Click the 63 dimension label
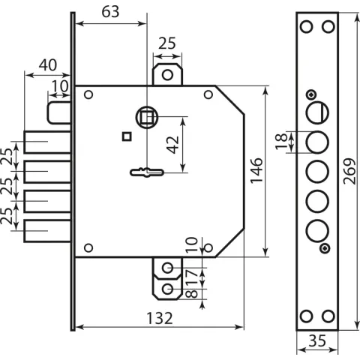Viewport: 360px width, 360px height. click(110, 12)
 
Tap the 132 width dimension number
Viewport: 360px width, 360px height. click(160, 318)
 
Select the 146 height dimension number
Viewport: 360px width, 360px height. click(256, 171)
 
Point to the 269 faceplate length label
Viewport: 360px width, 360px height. click(349, 171)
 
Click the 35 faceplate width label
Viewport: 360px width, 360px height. click(317, 340)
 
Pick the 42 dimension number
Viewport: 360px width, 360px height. click(173, 145)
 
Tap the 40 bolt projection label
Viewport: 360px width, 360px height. click(48, 65)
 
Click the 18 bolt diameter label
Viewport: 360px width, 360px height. click(281, 142)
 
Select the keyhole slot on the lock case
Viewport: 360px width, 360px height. click(147, 172)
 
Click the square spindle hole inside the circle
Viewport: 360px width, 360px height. click(146, 117)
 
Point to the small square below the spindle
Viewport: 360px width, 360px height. click(127, 136)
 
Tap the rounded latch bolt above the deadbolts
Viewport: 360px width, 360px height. click(59, 112)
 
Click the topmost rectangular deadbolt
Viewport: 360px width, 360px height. click(47, 142)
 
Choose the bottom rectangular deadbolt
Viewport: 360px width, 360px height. click(47, 231)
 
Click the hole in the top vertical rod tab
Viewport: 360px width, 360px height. click(167, 75)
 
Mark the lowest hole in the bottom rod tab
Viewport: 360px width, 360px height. click(167, 289)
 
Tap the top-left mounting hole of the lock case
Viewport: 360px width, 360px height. click(88, 94)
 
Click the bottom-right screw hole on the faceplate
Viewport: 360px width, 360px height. click(328, 316)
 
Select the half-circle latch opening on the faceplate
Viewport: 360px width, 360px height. click(318, 112)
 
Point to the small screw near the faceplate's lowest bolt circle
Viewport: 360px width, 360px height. click(325, 248)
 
